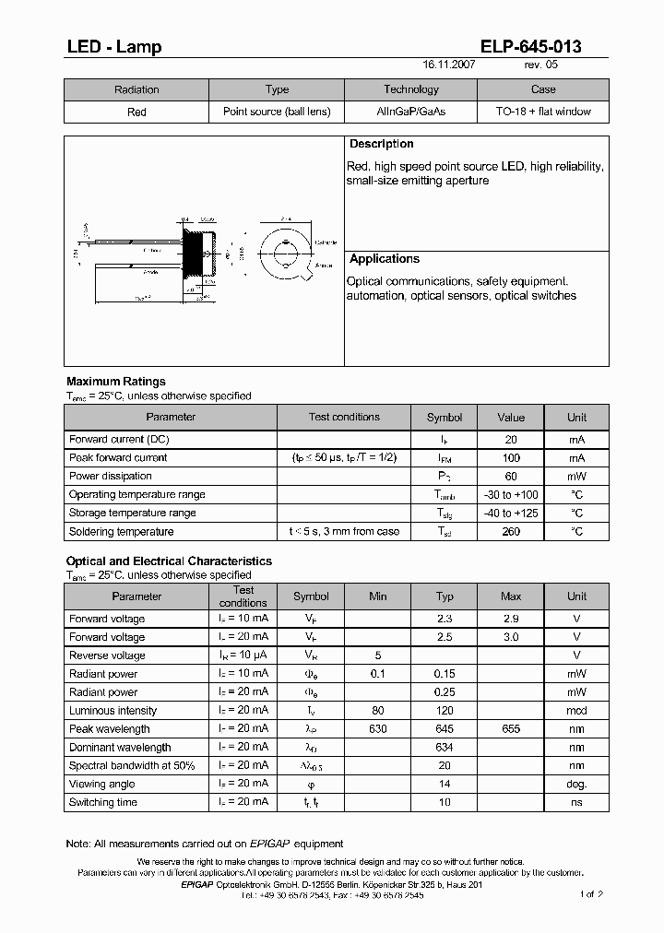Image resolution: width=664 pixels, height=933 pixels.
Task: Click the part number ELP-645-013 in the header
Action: pyautogui.click(x=530, y=47)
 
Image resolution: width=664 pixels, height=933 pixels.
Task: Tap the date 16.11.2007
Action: pyautogui.click(x=450, y=65)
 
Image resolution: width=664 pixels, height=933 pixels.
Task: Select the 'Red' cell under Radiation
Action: pyautogui.click(x=136, y=112)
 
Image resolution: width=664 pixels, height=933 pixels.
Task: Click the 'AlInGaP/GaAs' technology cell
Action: pyautogui.click(x=410, y=112)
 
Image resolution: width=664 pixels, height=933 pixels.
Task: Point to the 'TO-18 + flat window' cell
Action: pyautogui.click(x=543, y=112)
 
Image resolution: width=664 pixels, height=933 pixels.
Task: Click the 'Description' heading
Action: pyautogui.click(x=381, y=144)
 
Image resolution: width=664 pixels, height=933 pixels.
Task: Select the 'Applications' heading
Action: pyautogui.click(x=385, y=259)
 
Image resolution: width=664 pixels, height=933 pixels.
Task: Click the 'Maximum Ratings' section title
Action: pyautogui.click(x=116, y=382)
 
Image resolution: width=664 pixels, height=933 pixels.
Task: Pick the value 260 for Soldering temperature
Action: pyautogui.click(x=511, y=532)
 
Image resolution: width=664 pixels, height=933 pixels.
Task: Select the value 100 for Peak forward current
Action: pyautogui.click(x=511, y=458)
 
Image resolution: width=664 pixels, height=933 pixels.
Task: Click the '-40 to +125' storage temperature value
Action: pyautogui.click(x=511, y=514)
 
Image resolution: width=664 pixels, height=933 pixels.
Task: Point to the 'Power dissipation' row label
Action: pyautogui.click(x=111, y=477)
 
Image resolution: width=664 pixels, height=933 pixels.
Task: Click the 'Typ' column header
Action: pyautogui.click(x=445, y=596)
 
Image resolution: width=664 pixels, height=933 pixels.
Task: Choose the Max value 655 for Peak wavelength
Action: pyautogui.click(x=511, y=729)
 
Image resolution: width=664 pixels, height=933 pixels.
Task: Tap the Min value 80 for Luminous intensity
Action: pyautogui.click(x=378, y=711)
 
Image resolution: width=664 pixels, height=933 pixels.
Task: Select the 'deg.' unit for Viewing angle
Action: pyautogui.click(x=576, y=785)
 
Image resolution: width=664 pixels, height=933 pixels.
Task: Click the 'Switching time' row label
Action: pyautogui.click(x=103, y=803)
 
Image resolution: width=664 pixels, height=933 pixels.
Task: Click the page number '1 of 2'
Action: pyautogui.click(x=590, y=894)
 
